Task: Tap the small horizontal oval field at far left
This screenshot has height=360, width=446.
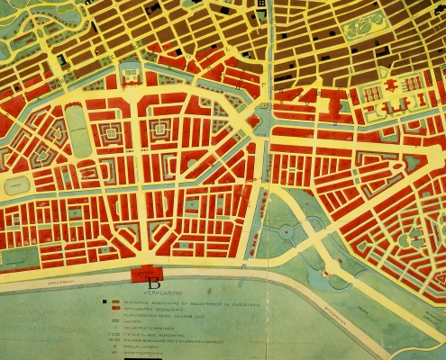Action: [17, 185]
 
